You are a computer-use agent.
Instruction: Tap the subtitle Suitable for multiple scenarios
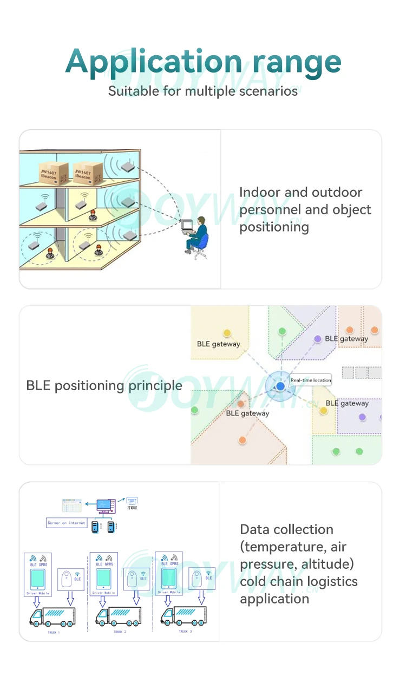(x=203, y=90)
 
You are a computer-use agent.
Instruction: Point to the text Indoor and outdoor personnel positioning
(x=305, y=209)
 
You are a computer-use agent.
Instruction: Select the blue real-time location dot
(x=280, y=386)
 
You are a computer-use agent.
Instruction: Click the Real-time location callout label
(x=311, y=380)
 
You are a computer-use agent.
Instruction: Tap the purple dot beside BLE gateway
(x=318, y=339)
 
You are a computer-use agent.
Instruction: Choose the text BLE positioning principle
(x=104, y=386)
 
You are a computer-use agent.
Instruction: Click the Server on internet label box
(x=67, y=523)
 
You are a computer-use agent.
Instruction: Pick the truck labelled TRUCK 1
(x=53, y=616)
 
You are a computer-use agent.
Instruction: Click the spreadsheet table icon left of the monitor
(x=71, y=506)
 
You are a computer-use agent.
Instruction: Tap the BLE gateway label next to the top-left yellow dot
(x=218, y=344)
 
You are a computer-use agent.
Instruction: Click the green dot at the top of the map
(x=282, y=331)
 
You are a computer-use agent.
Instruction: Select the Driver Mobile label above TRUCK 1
(x=37, y=593)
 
